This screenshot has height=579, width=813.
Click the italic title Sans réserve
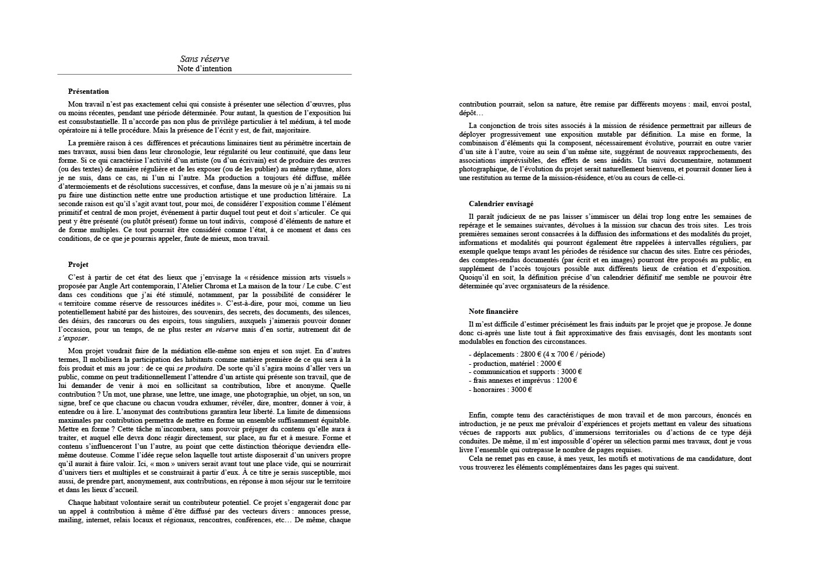[x=204, y=59]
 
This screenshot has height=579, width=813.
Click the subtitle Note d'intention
[x=204, y=68]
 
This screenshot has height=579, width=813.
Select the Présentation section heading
[x=88, y=91]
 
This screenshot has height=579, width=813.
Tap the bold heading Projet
[x=78, y=265]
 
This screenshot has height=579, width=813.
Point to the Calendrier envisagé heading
[x=501, y=204]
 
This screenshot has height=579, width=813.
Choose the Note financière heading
[x=493, y=312]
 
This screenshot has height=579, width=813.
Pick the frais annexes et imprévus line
[x=523, y=380]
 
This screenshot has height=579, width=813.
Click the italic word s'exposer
[x=74, y=338]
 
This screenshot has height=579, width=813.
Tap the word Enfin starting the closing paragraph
[x=478, y=415]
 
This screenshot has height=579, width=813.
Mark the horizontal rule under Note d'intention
[x=204, y=75]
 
